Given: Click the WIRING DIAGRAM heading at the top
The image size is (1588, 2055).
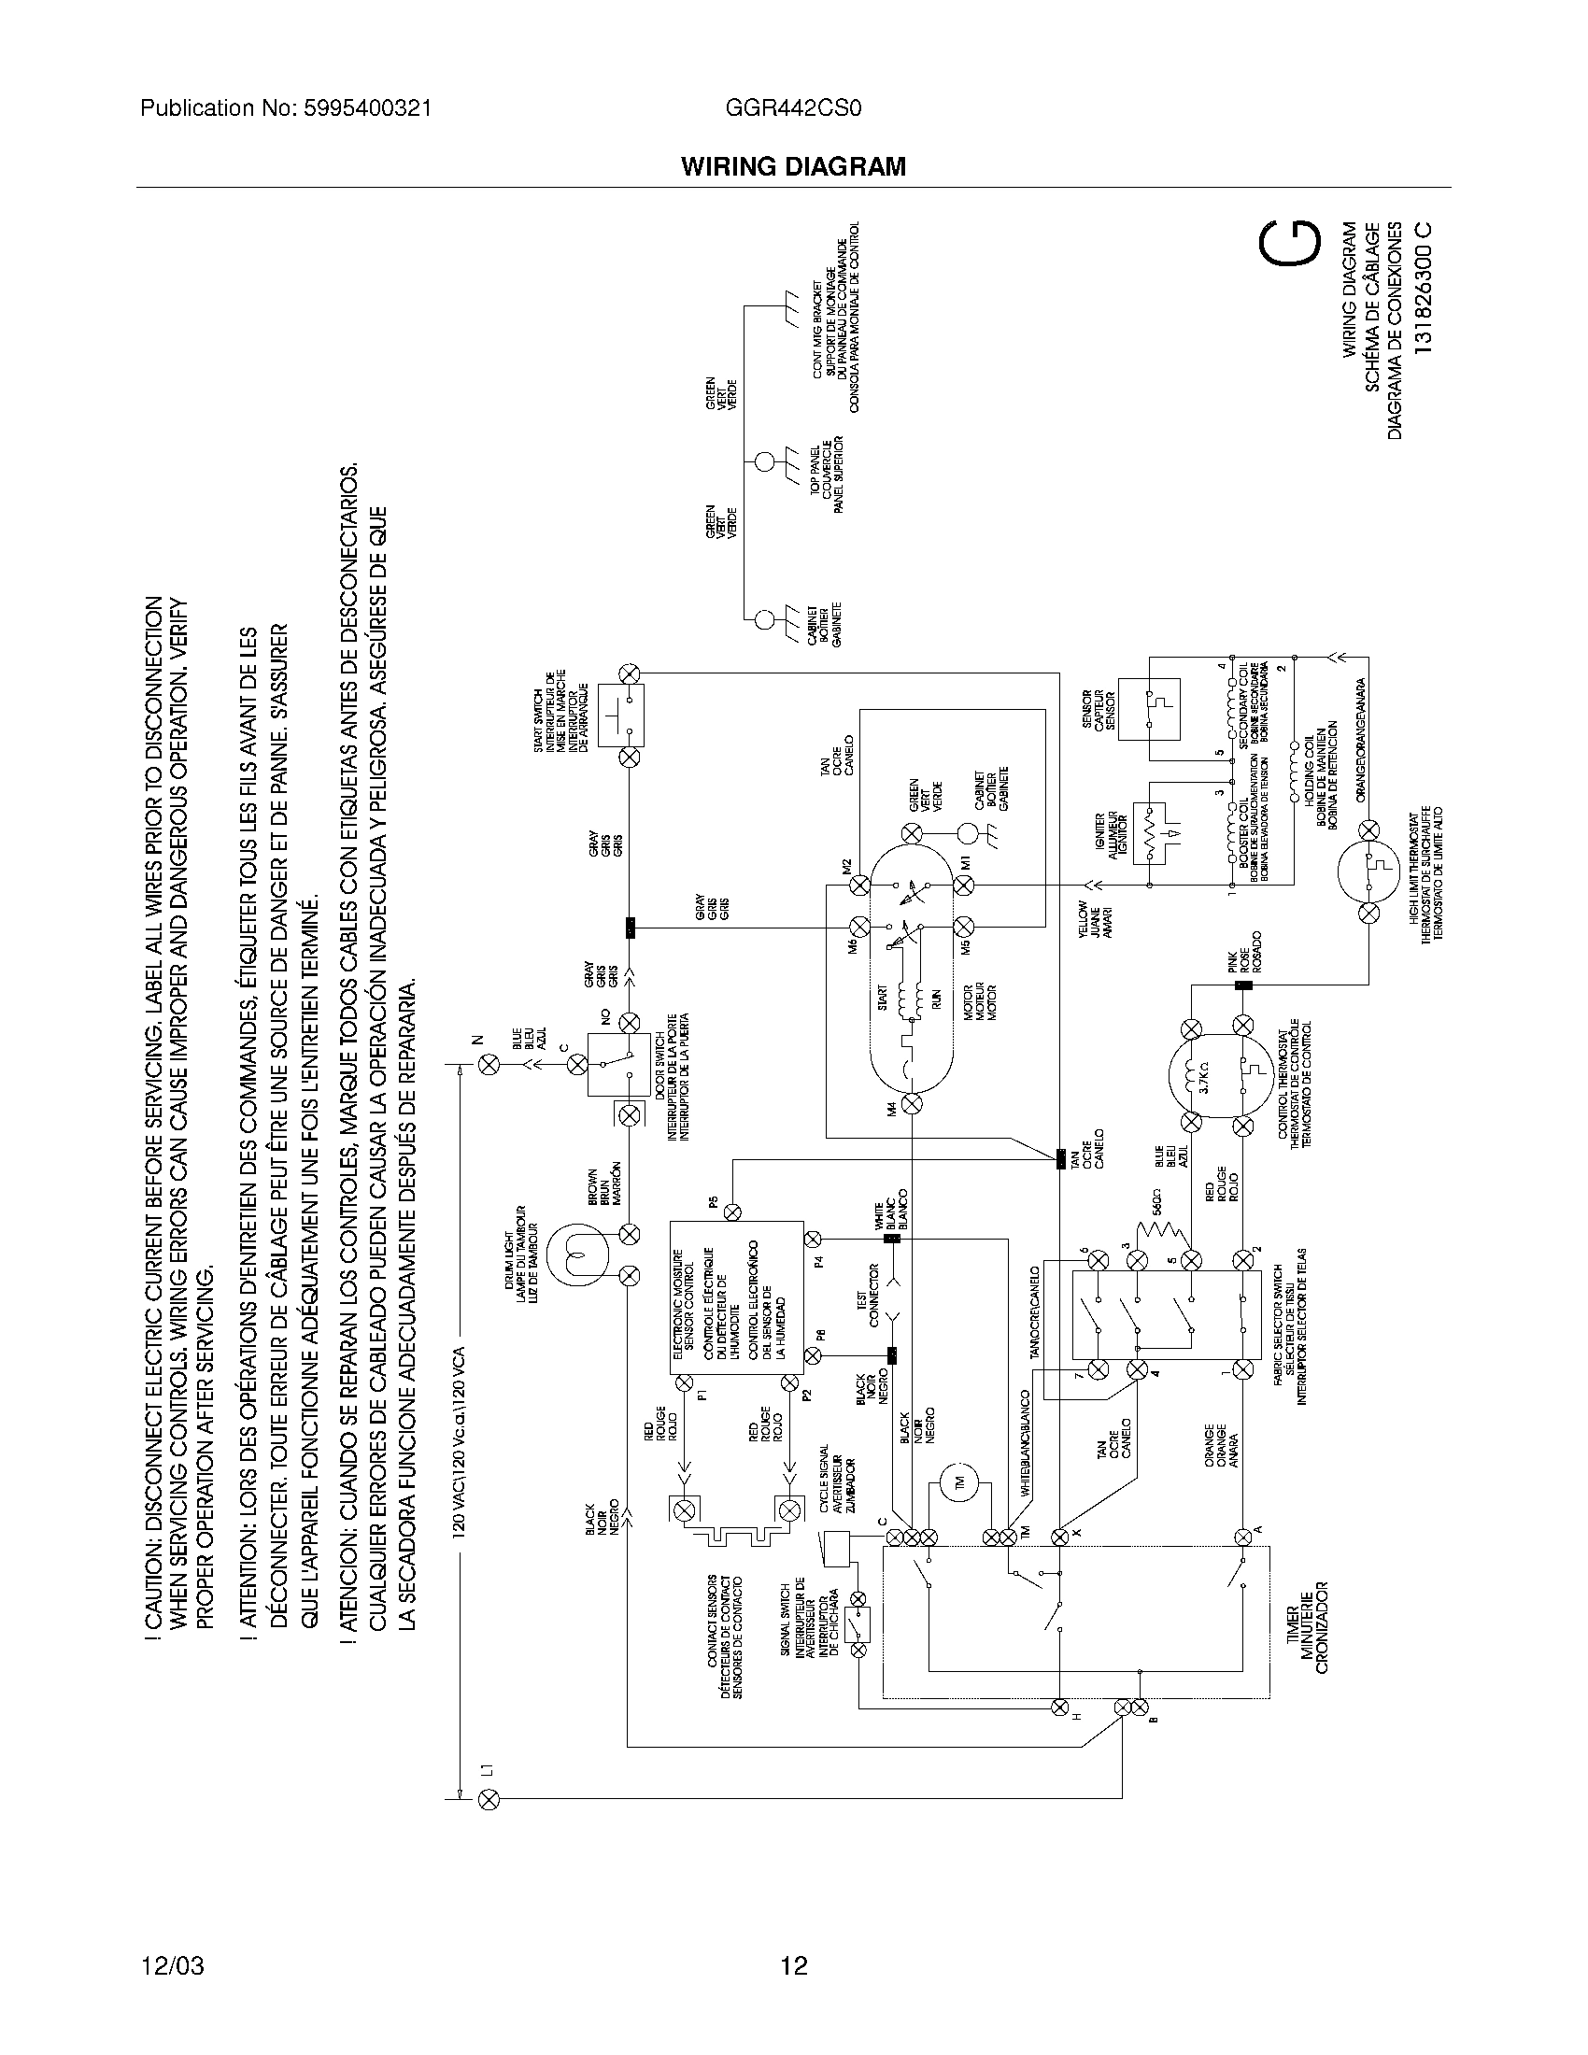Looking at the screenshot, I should click(793, 166).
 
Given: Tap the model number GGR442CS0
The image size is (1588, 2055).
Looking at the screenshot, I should click(793, 108).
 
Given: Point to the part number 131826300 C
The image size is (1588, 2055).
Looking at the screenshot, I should click(1424, 287).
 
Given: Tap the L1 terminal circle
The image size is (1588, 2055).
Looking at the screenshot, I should click(489, 1799).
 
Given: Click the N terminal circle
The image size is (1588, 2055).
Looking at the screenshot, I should click(489, 1064).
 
